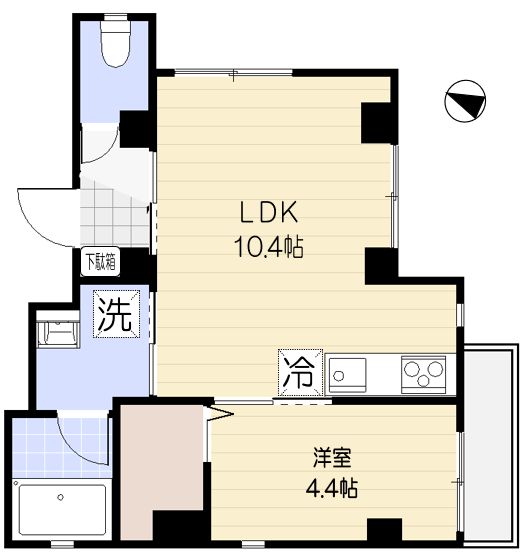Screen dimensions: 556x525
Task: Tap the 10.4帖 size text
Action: click(x=268, y=244)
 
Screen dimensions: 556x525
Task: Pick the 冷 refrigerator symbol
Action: click(x=299, y=376)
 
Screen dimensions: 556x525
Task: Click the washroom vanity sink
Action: click(x=57, y=332)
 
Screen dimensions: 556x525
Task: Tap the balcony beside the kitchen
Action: click(x=492, y=440)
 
